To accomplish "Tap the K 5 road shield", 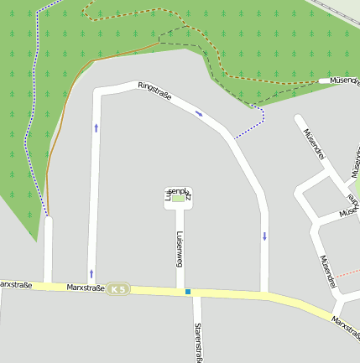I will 119,289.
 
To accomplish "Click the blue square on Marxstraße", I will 188,292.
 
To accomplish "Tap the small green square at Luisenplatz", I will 178,199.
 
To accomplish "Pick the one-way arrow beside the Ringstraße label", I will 199,113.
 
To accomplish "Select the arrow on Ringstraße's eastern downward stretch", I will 264,236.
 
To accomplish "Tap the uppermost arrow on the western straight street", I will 96,128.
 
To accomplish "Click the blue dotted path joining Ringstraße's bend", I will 248,127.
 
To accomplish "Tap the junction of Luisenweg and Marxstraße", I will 180,291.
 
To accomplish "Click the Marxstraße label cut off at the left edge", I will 15,285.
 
